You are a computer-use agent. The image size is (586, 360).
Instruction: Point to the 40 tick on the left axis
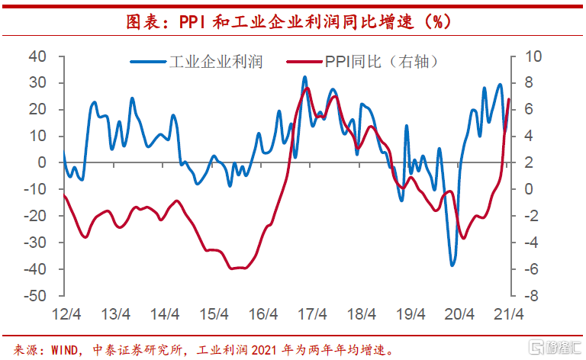(x=38, y=56)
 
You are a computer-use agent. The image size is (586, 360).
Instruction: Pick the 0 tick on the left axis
(x=43, y=162)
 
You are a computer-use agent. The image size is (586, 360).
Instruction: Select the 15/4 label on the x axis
(x=214, y=314)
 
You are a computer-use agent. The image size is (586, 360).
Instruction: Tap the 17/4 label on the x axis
(x=313, y=314)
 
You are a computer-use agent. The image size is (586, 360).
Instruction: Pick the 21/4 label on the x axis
(x=508, y=314)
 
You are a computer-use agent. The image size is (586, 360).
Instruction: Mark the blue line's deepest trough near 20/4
(x=452, y=265)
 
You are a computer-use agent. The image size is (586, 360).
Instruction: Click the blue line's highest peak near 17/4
(x=304, y=77)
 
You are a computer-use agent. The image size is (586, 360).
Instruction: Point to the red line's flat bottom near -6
(x=237, y=268)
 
